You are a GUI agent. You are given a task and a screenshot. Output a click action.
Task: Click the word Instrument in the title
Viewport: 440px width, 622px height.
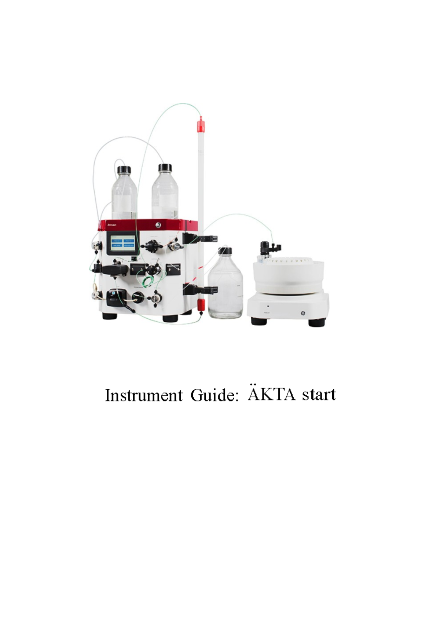pos(143,395)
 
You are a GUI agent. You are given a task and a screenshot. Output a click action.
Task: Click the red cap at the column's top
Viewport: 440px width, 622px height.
pos(201,125)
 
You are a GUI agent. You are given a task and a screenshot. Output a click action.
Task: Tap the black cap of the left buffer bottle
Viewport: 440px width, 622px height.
pos(124,169)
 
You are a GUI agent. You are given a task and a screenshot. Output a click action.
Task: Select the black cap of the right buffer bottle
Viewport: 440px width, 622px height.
pos(165,168)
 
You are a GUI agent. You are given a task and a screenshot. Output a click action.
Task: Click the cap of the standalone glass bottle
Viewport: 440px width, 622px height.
pos(225,251)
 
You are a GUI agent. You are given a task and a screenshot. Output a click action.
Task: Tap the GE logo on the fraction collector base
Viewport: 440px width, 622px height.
pos(303,313)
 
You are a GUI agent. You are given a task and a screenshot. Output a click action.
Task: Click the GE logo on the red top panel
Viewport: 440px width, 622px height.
pos(158,224)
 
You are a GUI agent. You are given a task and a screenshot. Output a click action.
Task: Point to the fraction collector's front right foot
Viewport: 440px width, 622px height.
pos(316,323)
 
